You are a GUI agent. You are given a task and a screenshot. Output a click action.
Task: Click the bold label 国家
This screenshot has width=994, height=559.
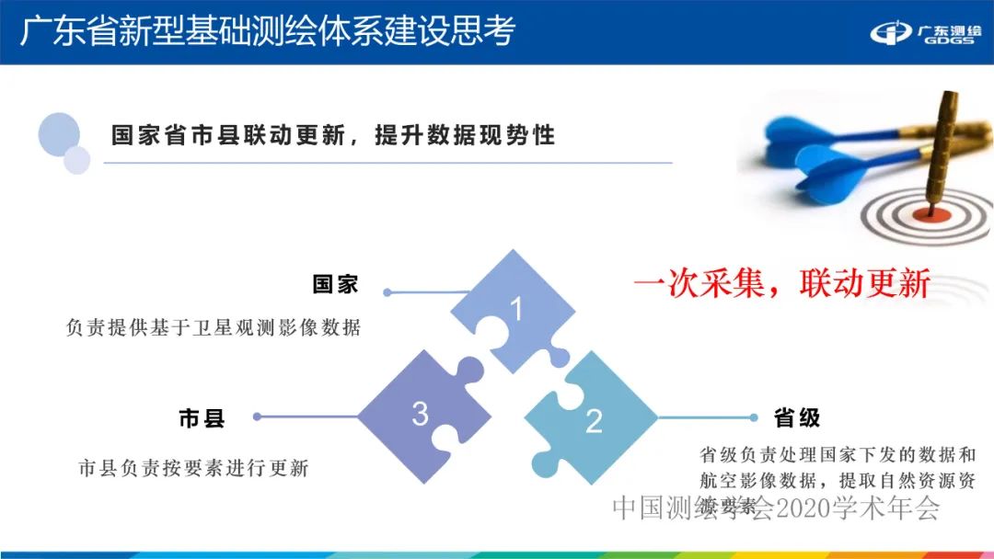click(x=335, y=285)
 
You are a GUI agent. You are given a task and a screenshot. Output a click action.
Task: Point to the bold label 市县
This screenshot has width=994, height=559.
click(x=202, y=419)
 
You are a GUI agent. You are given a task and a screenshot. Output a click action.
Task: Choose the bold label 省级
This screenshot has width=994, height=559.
click(x=797, y=418)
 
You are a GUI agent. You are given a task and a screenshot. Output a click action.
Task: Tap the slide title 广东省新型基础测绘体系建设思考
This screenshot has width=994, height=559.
click(x=267, y=30)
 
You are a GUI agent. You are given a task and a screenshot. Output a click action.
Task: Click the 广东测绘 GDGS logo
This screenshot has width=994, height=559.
click(x=925, y=34)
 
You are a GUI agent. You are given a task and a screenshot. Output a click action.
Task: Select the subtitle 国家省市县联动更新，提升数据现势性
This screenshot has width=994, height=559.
click(x=333, y=136)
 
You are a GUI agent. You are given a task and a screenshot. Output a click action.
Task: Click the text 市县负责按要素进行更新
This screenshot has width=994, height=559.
click(x=193, y=468)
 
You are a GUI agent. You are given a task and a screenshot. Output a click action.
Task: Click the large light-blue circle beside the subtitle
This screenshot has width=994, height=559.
click(x=59, y=134)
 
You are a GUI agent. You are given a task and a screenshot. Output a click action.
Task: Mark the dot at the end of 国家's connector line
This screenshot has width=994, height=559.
click(x=387, y=292)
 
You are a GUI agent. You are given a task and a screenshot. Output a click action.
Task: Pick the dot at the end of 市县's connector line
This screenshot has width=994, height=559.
click(x=257, y=416)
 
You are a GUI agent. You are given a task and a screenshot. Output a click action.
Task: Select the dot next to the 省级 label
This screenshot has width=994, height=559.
click(x=753, y=418)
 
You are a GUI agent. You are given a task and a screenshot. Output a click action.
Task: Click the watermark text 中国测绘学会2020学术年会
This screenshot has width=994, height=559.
click(x=775, y=508)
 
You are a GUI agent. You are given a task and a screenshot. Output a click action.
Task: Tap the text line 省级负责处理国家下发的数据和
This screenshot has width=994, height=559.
click(x=837, y=454)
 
